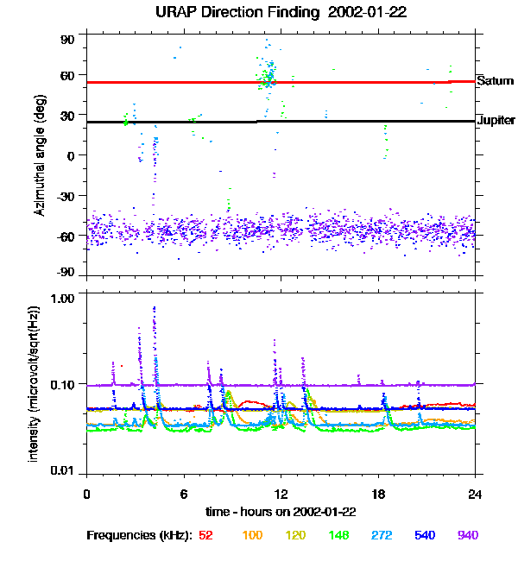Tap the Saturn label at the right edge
tap(493, 80)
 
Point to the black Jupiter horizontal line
tap(173, 122)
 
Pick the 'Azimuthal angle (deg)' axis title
tap(41, 155)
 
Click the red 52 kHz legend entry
tap(205, 535)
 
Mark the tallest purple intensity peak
tap(155, 307)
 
